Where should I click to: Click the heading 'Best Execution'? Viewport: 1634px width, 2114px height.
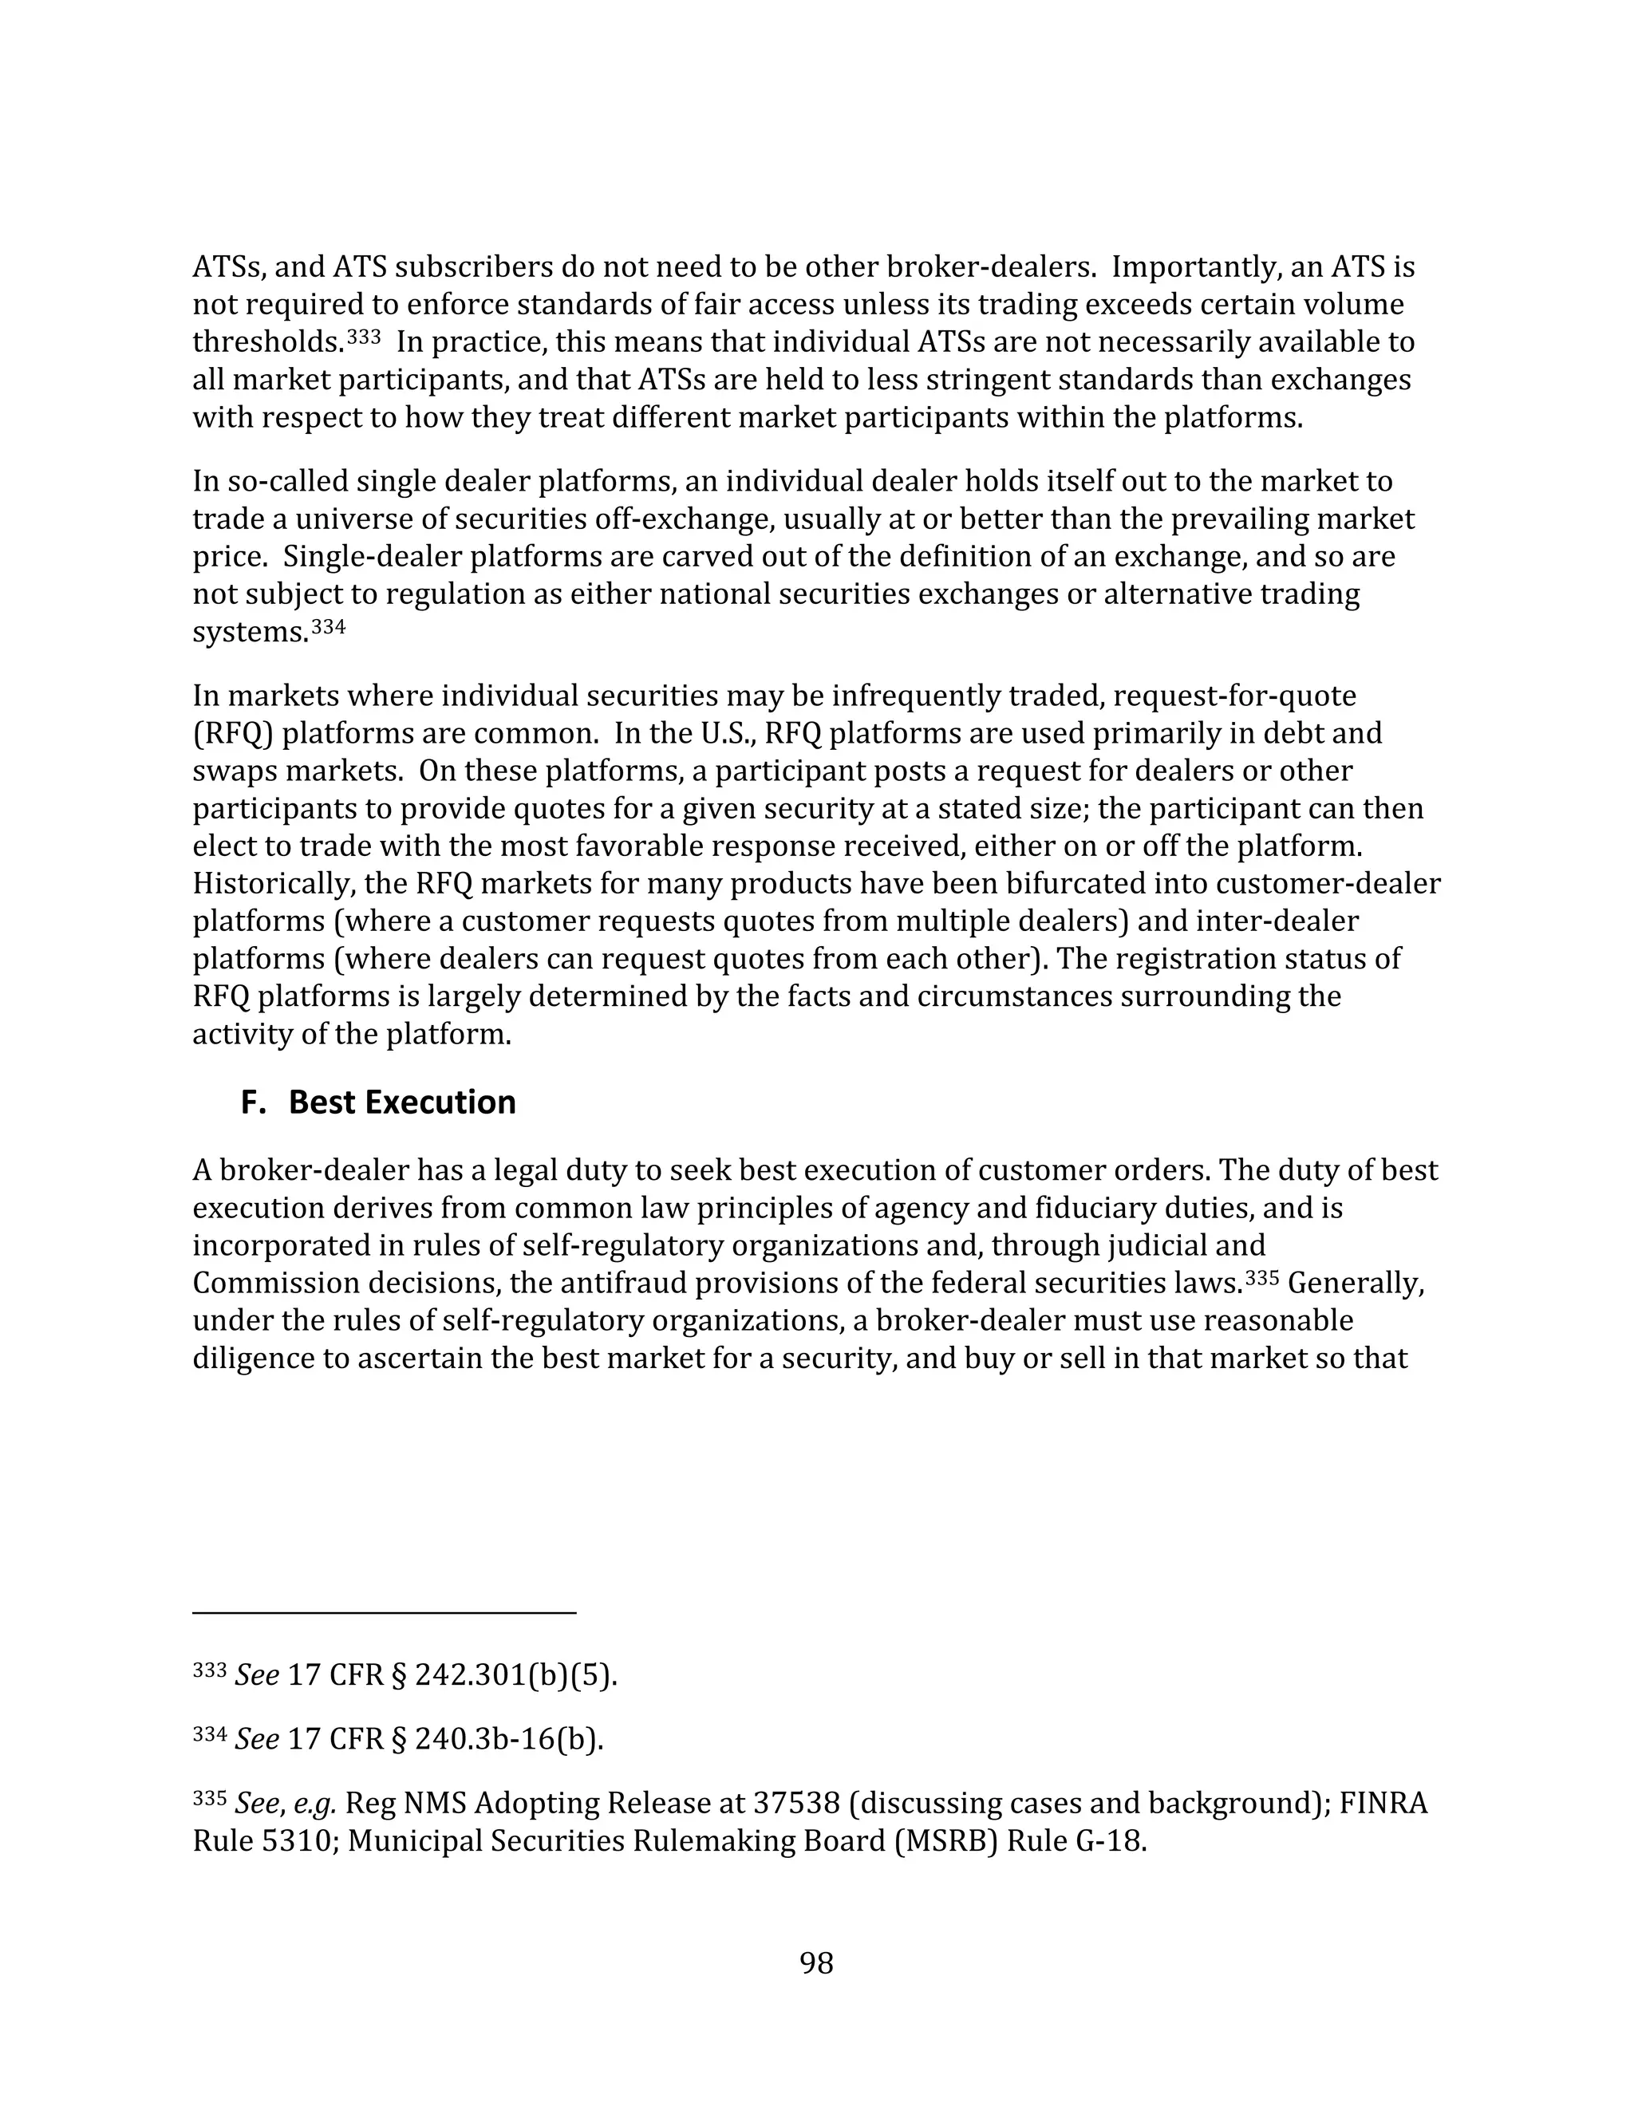[402, 1102]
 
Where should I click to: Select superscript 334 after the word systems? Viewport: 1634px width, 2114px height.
[327, 627]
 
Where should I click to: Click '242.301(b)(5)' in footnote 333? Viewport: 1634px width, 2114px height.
[515, 1675]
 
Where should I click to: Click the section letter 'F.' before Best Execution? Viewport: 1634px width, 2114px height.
[253, 1102]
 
